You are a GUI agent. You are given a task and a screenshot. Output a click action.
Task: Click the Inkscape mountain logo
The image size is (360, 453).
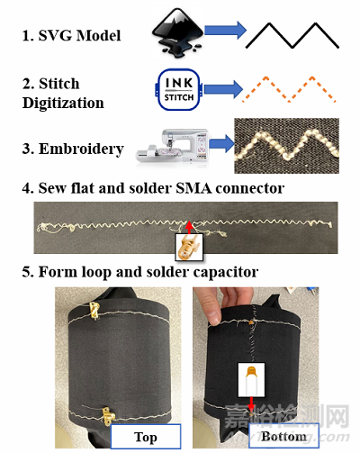click(177, 33)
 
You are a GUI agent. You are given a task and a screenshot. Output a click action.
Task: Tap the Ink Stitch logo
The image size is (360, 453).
click(178, 89)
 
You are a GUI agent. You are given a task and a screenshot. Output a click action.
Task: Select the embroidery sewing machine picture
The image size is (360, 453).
click(172, 146)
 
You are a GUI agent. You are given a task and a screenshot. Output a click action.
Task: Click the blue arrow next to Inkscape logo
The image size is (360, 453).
click(225, 30)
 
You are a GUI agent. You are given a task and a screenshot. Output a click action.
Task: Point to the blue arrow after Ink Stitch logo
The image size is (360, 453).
click(223, 89)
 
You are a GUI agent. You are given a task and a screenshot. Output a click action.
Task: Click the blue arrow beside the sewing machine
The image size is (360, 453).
click(221, 143)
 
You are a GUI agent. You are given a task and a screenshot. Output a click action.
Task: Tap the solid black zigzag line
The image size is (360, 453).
click(292, 35)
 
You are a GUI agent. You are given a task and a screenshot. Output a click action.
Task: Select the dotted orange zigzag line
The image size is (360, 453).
click(289, 89)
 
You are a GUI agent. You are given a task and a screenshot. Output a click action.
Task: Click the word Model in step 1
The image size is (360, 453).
click(98, 35)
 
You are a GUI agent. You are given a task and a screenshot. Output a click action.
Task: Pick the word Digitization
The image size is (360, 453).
click(63, 103)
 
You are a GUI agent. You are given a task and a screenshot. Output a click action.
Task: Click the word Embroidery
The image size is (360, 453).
click(81, 149)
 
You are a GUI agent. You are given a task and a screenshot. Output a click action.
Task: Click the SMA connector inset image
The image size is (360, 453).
click(189, 247)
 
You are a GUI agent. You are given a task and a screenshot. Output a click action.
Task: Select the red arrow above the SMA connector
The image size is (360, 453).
click(189, 228)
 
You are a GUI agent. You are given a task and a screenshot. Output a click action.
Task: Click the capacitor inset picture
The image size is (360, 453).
click(251, 380)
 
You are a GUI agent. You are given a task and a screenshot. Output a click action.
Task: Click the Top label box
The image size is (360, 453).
click(146, 437)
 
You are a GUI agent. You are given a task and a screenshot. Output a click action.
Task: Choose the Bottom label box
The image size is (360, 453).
click(283, 436)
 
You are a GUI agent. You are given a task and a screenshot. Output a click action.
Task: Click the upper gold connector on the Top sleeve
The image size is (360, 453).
click(94, 310)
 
